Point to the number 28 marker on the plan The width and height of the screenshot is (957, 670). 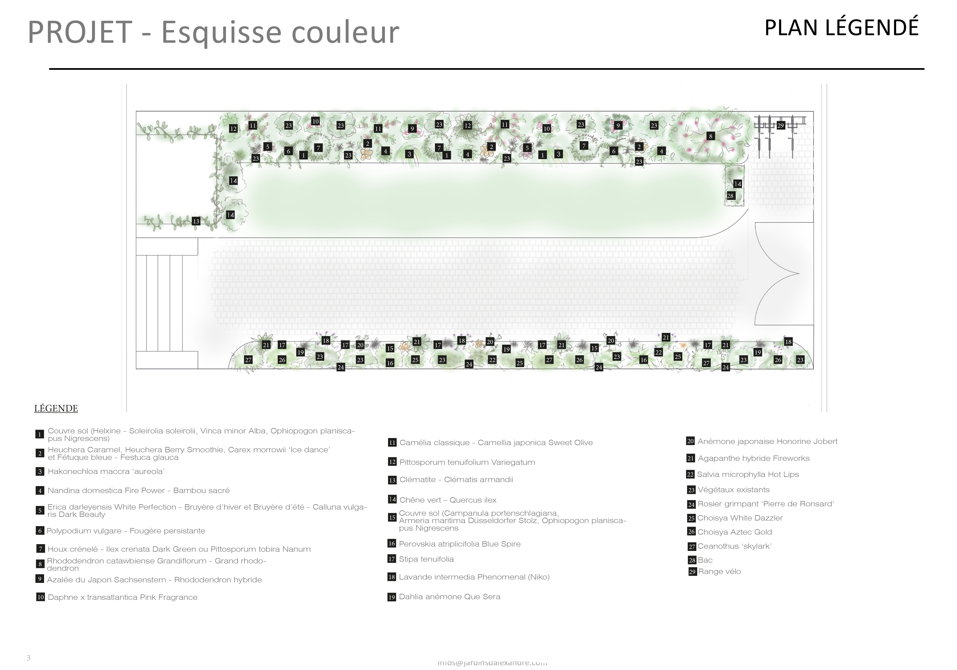[x=730, y=196]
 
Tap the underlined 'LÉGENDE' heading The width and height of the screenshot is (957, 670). [x=56, y=408]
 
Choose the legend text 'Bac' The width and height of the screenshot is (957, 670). [x=705, y=560]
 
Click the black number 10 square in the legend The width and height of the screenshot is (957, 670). [x=40, y=597]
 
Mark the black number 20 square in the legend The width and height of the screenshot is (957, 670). [x=690, y=441]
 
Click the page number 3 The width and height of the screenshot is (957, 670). [x=28, y=658]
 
